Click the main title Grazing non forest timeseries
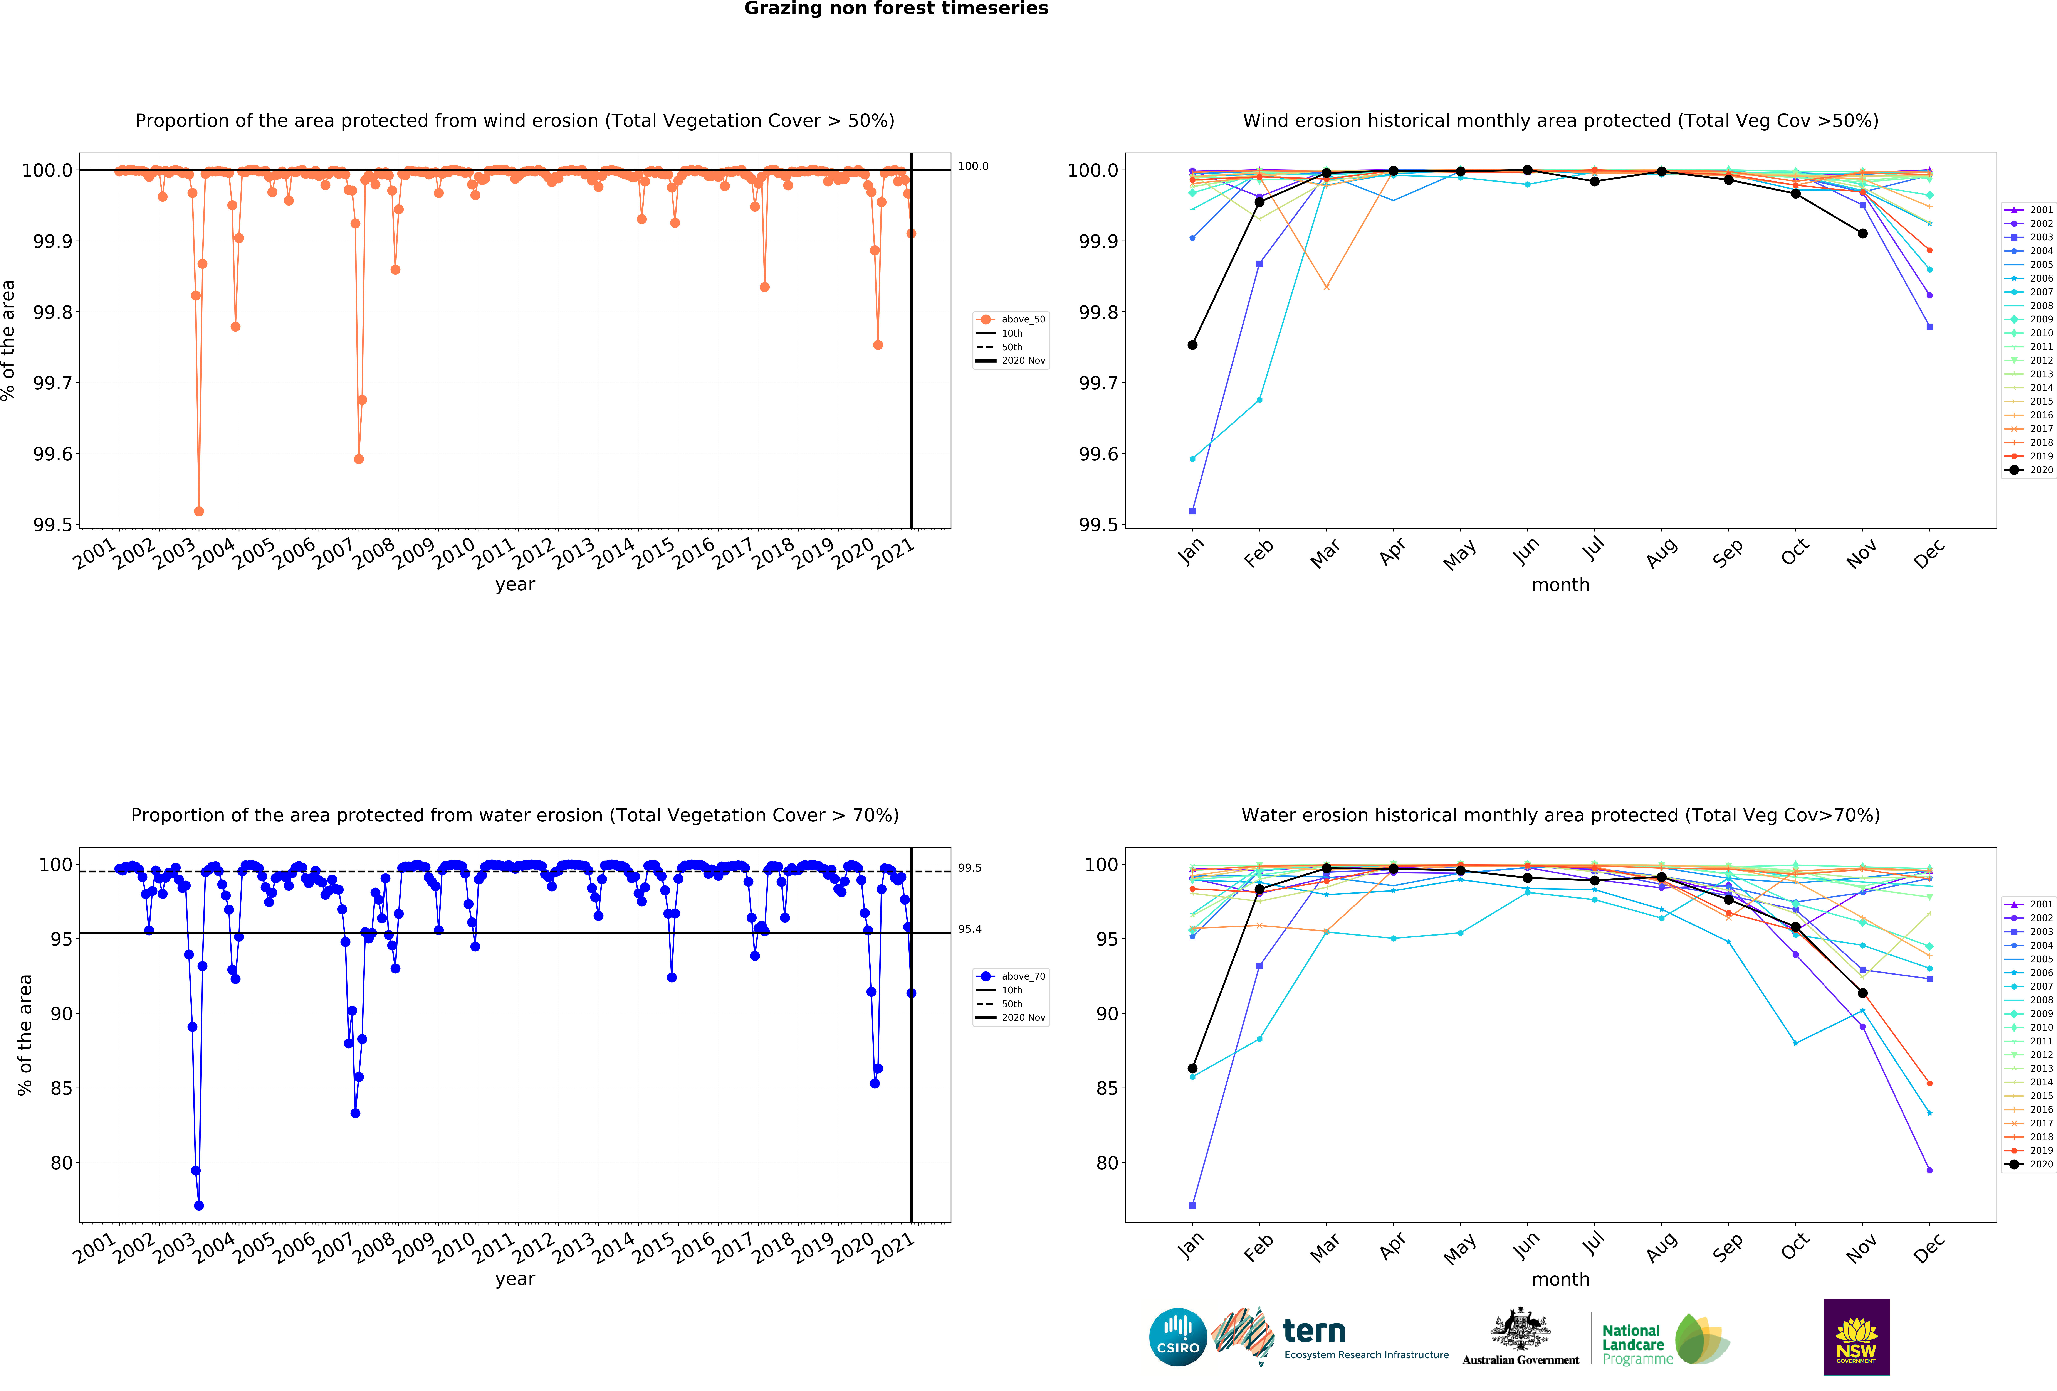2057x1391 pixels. coord(896,9)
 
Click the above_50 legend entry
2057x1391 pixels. coord(1022,320)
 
